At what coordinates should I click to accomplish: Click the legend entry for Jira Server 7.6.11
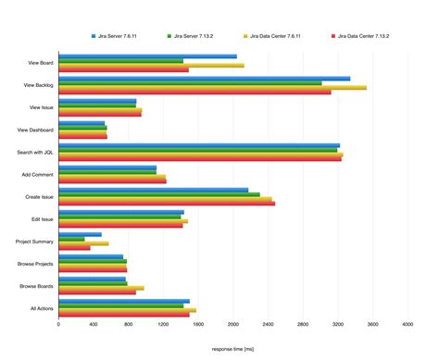[x=117, y=36]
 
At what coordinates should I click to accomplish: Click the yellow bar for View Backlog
[x=212, y=88]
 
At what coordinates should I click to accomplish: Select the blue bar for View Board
[x=147, y=56]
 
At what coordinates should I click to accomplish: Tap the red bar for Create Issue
[x=167, y=203]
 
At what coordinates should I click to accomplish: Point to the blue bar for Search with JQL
[x=199, y=145]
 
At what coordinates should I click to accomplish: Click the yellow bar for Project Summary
[x=83, y=243]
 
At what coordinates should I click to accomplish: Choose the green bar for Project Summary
[x=71, y=239]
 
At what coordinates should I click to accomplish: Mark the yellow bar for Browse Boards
[x=101, y=288]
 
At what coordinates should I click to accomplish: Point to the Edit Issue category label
[x=39, y=218]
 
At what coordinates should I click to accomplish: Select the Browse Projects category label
[x=34, y=264]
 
